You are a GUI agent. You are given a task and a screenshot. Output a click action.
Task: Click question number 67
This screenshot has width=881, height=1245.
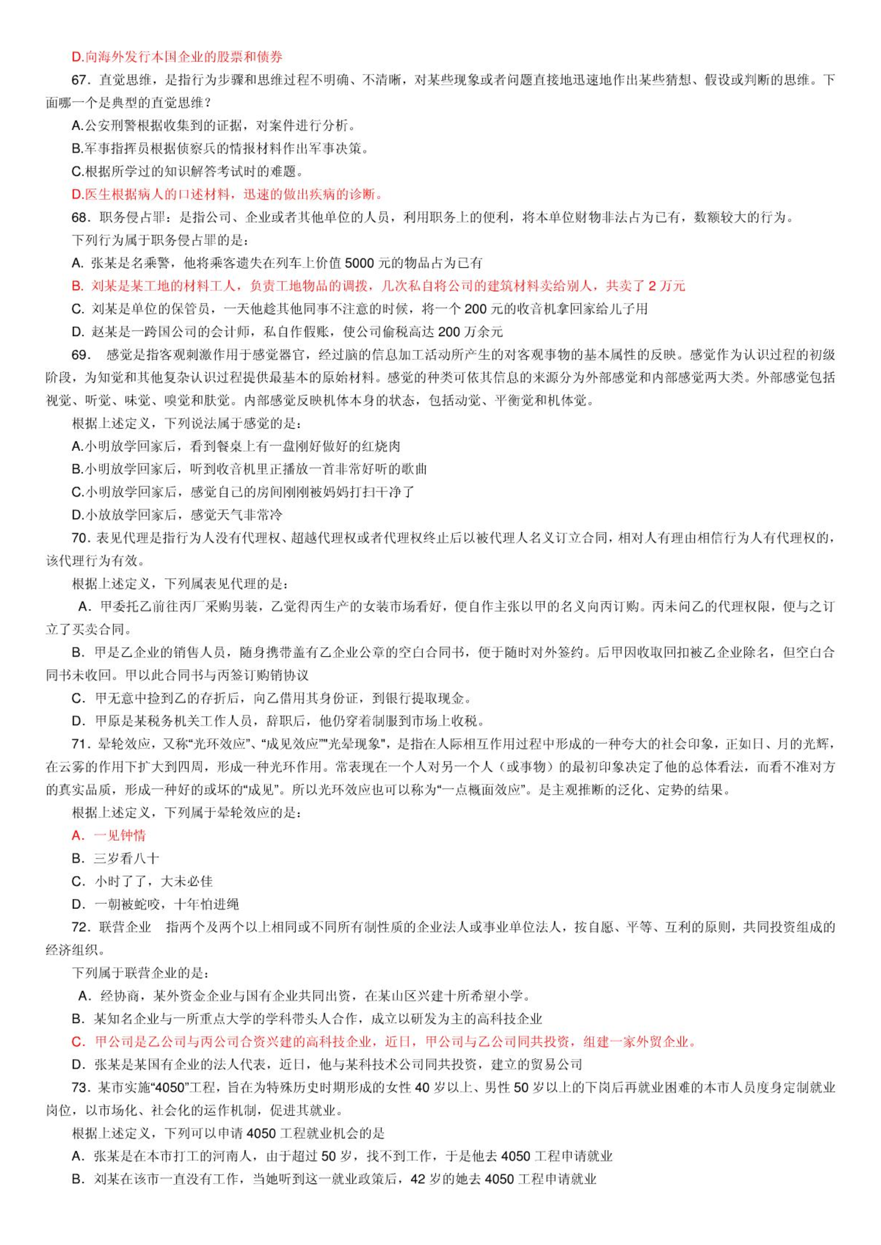click(x=80, y=80)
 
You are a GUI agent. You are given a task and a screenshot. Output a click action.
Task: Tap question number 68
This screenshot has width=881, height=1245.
click(x=80, y=217)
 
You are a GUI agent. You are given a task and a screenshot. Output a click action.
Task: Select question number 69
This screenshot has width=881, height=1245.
click(x=80, y=354)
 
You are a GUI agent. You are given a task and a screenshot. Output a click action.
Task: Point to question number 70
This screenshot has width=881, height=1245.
click(x=80, y=537)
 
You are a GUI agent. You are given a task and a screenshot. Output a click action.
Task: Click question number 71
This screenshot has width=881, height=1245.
click(x=80, y=744)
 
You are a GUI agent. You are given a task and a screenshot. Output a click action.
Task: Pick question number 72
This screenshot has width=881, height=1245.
click(x=80, y=927)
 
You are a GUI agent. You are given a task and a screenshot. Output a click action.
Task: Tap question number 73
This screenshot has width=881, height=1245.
click(x=80, y=1087)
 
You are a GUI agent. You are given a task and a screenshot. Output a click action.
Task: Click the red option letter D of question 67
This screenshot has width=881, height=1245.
click(x=77, y=195)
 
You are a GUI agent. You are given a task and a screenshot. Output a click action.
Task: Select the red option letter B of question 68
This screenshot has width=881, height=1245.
click(x=77, y=286)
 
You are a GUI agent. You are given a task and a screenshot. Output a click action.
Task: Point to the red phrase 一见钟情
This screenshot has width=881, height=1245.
click(x=120, y=835)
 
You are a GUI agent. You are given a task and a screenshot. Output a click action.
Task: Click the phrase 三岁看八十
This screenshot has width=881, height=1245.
click(x=127, y=858)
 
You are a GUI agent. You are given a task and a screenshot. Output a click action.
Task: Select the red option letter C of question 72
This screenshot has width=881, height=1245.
click(x=77, y=1042)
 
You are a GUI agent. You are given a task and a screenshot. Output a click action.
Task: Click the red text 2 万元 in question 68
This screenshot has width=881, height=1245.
click(x=667, y=286)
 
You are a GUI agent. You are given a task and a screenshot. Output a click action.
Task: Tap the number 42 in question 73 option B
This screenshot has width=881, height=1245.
click(x=418, y=1179)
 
